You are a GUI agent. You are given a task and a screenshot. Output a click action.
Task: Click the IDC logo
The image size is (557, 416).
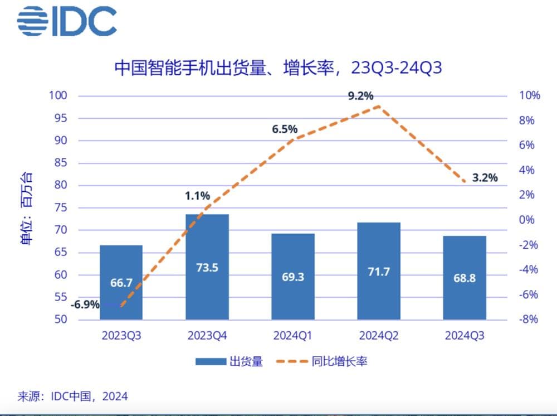click(67, 21)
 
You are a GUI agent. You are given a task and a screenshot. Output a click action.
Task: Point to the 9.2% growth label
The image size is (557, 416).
click(360, 96)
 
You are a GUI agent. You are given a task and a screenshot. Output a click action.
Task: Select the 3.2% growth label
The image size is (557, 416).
click(484, 178)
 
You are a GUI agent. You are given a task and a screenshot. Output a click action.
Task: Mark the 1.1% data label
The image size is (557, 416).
click(198, 196)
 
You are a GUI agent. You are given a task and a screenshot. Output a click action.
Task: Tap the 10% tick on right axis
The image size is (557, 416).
click(530, 95)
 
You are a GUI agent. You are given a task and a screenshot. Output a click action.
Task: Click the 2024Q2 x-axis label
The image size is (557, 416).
click(379, 336)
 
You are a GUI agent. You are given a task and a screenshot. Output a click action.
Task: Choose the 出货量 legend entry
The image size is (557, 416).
click(229, 361)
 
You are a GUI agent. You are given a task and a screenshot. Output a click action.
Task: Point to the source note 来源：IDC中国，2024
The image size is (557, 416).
click(72, 396)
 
